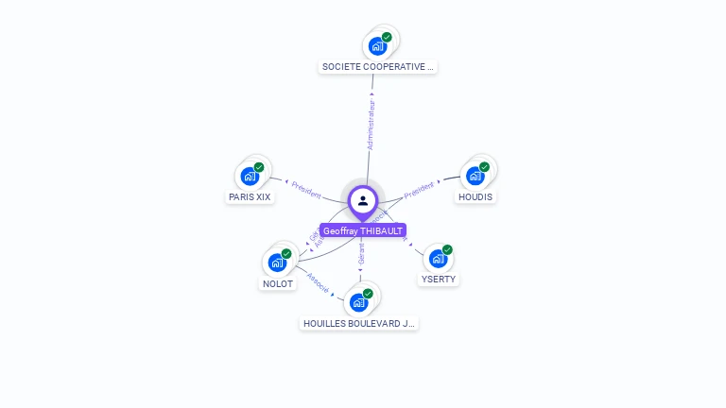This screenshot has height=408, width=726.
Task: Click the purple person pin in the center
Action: point(363,201)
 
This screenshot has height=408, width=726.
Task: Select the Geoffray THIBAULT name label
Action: point(363,230)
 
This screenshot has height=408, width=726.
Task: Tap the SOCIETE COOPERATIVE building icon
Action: point(378,45)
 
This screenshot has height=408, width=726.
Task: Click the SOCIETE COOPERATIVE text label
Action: point(378,67)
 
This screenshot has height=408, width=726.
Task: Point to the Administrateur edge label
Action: point(372,125)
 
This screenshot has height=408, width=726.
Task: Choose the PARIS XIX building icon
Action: point(251,176)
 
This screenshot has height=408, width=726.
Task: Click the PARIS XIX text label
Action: point(250,197)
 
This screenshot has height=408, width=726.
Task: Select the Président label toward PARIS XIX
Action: point(306,188)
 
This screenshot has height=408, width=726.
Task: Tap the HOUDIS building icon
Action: point(475,176)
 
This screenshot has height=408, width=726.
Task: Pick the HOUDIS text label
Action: point(475,197)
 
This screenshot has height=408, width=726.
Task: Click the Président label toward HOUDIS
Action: point(419,189)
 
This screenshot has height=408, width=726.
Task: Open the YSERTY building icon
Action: point(438,258)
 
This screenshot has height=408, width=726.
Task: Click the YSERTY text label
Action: point(439,280)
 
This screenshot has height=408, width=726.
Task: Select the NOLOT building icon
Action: point(278,262)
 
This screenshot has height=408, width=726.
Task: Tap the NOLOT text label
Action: point(278,283)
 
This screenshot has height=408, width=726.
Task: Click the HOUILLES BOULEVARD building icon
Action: point(359,302)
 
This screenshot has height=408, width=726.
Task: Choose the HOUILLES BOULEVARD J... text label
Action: point(359,323)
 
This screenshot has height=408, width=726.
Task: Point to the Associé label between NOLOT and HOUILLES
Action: point(318,283)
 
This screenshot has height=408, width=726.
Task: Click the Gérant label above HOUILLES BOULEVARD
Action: point(361,253)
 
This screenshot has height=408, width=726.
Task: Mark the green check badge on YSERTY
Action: point(447,250)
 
